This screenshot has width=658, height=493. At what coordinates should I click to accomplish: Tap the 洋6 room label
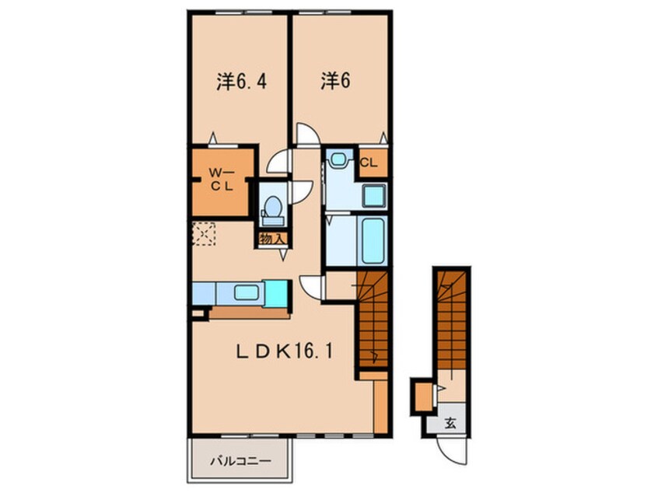click(x=333, y=82)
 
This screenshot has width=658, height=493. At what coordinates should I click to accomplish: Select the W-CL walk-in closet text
click(x=222, y=180)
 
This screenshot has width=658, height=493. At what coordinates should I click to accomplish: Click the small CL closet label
click(x=369, y=163)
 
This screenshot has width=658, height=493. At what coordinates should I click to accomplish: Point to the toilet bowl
click(x=272, y=208)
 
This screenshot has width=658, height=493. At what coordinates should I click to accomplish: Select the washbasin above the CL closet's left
click(x=338, y=159)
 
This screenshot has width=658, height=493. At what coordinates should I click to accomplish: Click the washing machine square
click(x=373, y=195)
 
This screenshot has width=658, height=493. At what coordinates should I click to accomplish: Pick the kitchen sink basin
click(x=248, y=293)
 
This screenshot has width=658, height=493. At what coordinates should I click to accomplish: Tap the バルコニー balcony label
click(x=240, y=460)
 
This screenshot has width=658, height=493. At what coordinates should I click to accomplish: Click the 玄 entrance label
click(x=450, y=424)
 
